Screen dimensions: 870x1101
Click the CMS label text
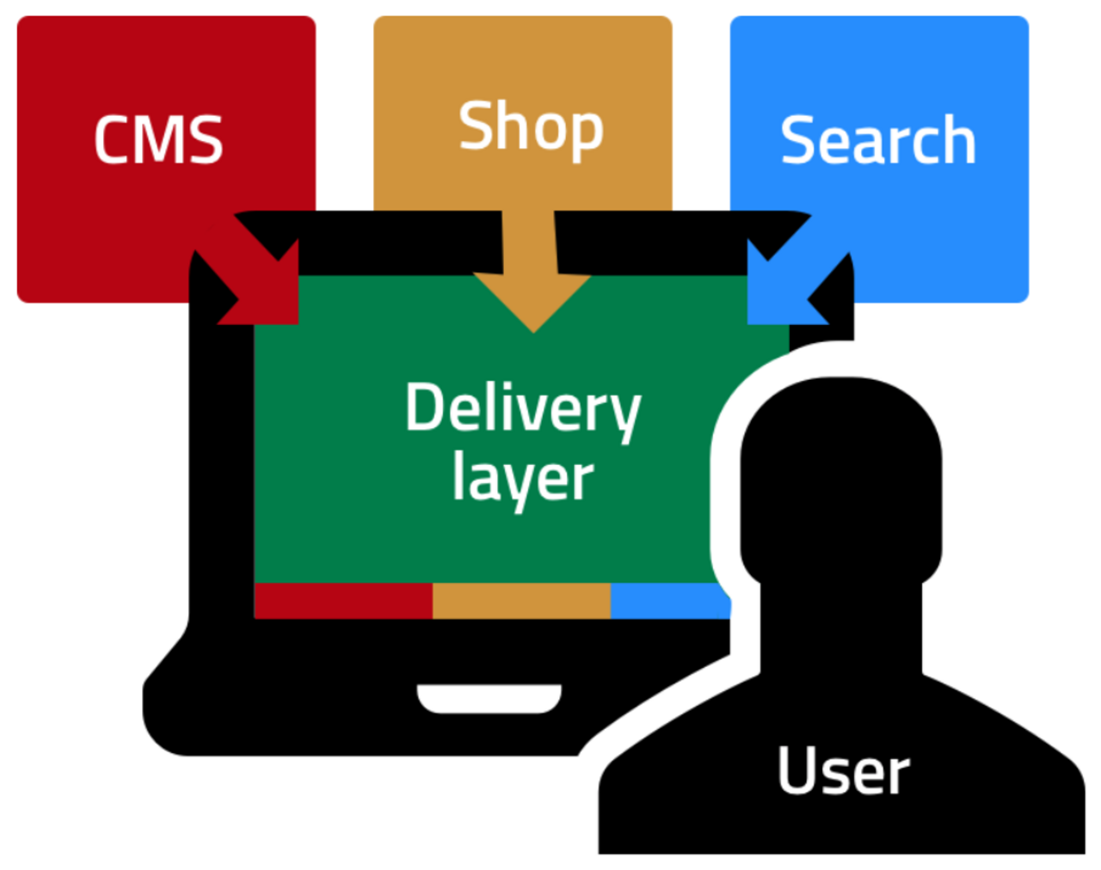tap(158, 140)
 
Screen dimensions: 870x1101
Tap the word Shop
tap(531, 127)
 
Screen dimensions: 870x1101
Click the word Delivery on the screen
tap(523, 408)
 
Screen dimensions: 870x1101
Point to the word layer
tap(523, 478)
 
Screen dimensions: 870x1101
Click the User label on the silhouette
tap(843, 771)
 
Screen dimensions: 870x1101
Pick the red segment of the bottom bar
tap(343, 600)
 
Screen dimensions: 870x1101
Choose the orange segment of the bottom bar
tap(521, 600)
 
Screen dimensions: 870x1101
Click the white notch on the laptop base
tap(489, 698)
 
